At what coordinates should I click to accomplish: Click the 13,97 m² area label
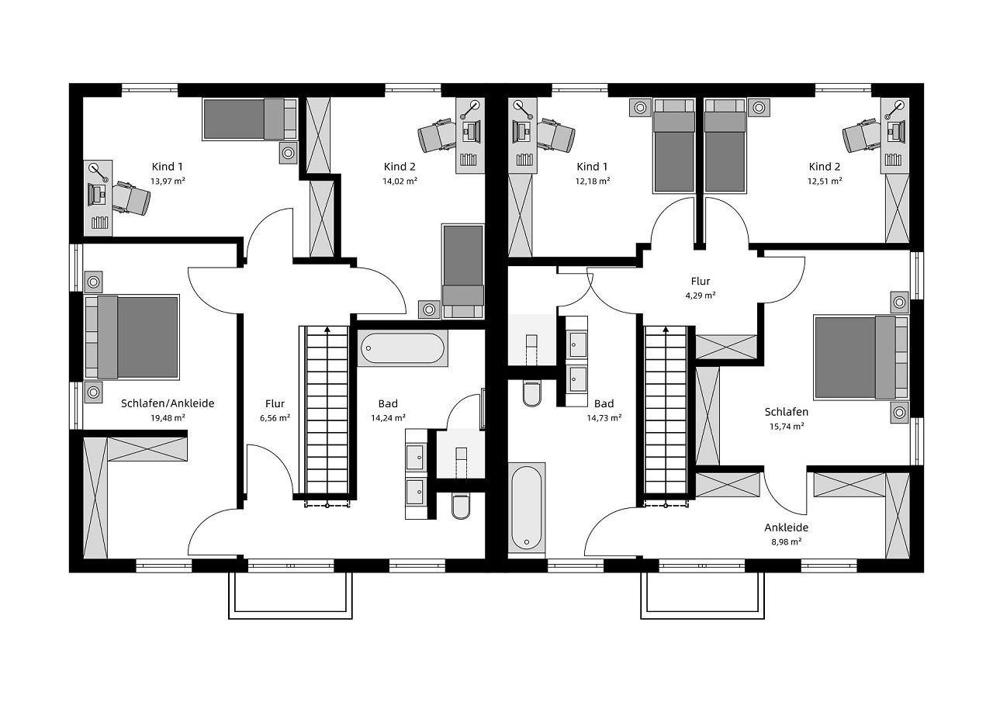pyautogui.click(x=168, y=181)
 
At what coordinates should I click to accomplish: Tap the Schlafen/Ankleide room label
pyautogui.click(x=168, y=403)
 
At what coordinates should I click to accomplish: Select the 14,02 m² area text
pyautogui.click(x=400, y=181)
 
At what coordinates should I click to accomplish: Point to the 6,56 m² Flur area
pyautogui.click(x=275, y=417)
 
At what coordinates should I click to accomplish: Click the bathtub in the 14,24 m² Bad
pyautogui.click(x=403, y=348)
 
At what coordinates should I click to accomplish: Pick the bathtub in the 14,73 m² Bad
pyautogui.click(x=527, y=508)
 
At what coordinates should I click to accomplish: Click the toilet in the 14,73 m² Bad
pyautogui.click(x=532, y=393)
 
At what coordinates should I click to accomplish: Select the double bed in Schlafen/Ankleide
pyautogui.click(x=133, y=337)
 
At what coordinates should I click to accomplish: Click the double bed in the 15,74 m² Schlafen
pyautogui.click(x=861, y=358)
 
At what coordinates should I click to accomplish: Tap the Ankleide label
pyautogui.click(x=787, y=527)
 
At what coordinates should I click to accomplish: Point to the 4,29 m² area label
pyautogui.click(x=701, y=296)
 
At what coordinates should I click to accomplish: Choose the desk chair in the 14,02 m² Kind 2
pyautogui.click(x=437, y=135)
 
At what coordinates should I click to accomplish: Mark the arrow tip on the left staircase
pyautogui.click(x=327, y=329)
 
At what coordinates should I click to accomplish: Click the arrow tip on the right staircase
pyautogui.click(x=666, y=329)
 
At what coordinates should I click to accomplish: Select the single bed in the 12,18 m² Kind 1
pyautogui.click(x=673, y=146)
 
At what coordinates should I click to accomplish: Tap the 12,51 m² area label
pyautogui.click(x=825, y=181)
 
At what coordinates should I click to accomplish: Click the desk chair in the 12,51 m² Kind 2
pyautogui.click(x=862, y=135)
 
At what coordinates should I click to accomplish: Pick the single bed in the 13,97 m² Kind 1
pyautogui.click(x=250, y=119)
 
